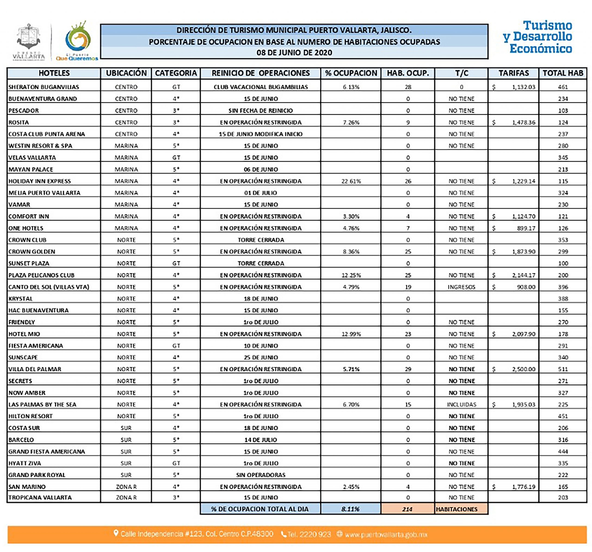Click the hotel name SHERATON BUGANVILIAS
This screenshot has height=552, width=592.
pyautogui.click(x=43, y=87)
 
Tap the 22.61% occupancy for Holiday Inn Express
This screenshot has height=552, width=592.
pyautogui.click(x=351, y=181)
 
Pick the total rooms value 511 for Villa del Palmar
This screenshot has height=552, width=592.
pyautogui.click(x=563, y=369)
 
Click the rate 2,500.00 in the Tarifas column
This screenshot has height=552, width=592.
pyautogui.click(x=524, y=369)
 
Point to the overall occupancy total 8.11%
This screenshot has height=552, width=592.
pyautogui.click(x=350, y=509)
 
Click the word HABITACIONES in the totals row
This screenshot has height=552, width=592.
pyautogui.click(x=456, y=509)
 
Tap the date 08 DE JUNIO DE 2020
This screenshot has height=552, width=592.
pyautogui.click(x=294, y=53)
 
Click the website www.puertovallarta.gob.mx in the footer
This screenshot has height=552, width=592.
pyautogui.click(x=386, y=535)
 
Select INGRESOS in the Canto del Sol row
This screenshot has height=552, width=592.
pyautogui.click(x=461, y=287)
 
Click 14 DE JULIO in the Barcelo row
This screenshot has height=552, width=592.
pyautogui.click(x=261, y=440)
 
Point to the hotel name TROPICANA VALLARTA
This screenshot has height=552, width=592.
pyautogui.click(x=40, y=497)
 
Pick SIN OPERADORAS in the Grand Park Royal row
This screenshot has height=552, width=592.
pyautogui.click(x=261, y=475)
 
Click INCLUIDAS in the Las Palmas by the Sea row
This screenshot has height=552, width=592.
pyautogui.click(x=461, y=404)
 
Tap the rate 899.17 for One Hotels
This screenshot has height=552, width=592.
pyautogui.click(x=526, y=228)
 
